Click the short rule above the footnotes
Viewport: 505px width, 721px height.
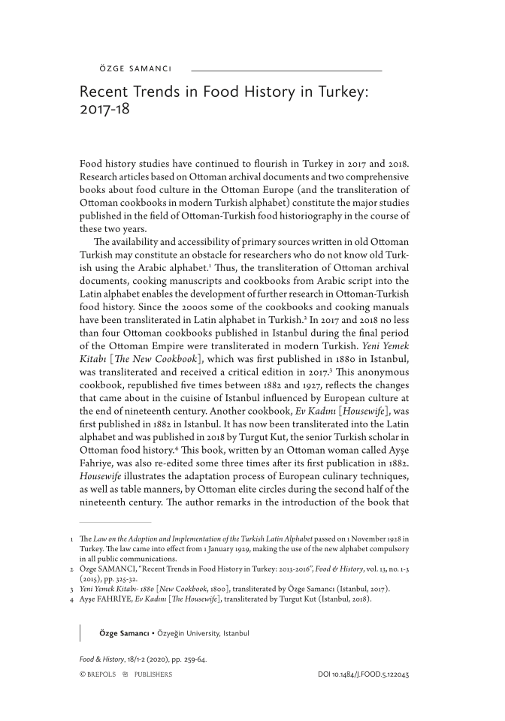(115, 521)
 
